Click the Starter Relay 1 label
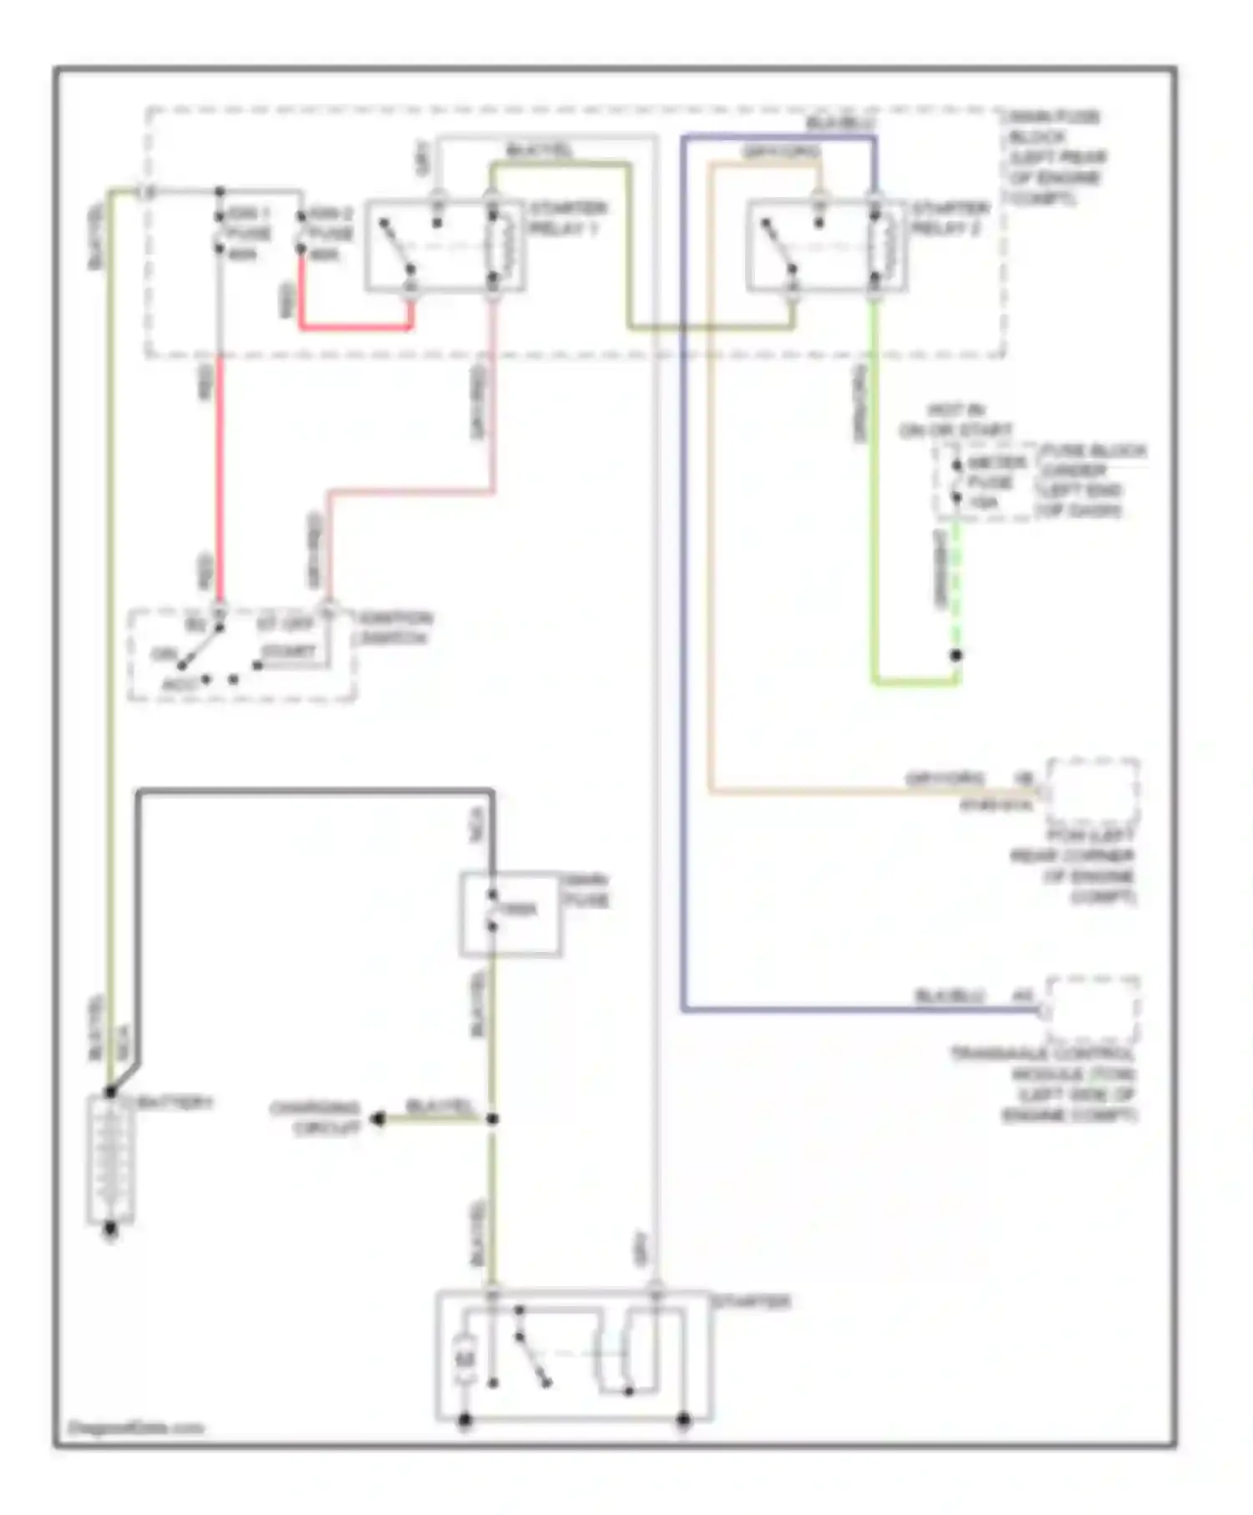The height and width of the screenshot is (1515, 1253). click(x=568, y=217)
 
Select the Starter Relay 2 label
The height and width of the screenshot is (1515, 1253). click(x=950, y=217)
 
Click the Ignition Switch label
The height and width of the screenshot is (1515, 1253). click(x=395, y=628)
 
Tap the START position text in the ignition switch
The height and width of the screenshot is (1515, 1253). click(x=288, y=651)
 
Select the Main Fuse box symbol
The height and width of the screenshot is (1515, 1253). click(x=510, y=914)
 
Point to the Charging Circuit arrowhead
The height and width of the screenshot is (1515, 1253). click(x=378, y=1118)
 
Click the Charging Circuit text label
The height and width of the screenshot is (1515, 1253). click(x=315, y=1118)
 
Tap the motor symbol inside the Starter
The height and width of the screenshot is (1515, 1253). click(x=465, y=1357)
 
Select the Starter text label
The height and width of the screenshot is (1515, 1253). click(x=750, y=1302)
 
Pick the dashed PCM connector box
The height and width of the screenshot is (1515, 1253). click(x=1093, y=790)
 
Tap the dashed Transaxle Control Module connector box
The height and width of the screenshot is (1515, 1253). click(x=1093, y=1008)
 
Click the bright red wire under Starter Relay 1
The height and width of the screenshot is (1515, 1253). click(x=355, y=327)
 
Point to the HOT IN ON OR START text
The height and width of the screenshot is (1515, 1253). click(x=956, y=421)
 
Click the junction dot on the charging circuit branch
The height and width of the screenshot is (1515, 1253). click(x=492, y=1118)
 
